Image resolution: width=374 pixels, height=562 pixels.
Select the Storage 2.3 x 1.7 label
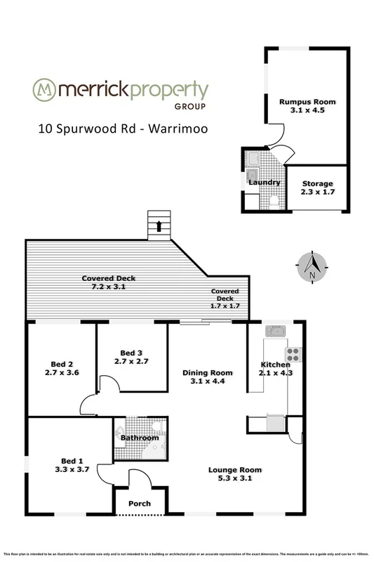tap(318, 183)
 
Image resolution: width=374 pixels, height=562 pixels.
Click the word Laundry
tap(265, 183)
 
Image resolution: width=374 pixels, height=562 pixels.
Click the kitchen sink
tap(273, 331)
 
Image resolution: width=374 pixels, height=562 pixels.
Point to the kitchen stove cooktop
tap(292, 353)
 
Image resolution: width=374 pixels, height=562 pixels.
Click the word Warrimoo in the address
tap(173, 130)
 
